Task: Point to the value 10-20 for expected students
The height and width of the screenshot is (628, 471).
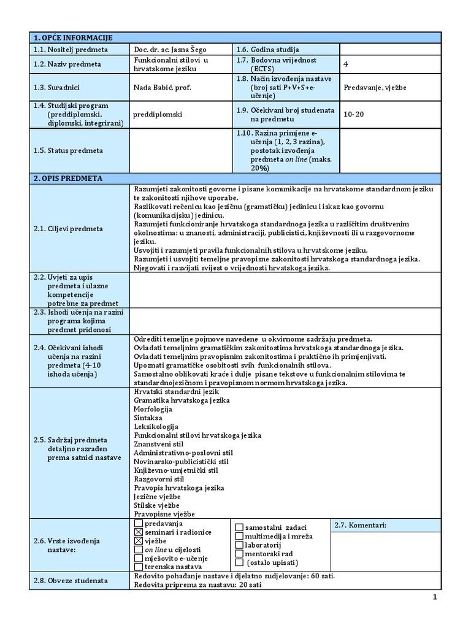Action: [354, 113]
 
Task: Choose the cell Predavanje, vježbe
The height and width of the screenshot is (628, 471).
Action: [375, 87]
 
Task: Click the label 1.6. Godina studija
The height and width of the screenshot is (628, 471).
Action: [267, 50]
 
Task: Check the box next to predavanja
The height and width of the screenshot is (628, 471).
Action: [138, 524]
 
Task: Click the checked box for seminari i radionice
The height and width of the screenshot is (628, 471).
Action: [138, 532]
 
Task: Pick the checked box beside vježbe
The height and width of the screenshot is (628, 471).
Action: [138, 542]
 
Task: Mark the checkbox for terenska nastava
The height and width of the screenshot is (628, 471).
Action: [138, 567]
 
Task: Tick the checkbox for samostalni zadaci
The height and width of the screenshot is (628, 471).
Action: [240, 527]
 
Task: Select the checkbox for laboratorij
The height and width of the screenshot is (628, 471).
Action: [240, 545]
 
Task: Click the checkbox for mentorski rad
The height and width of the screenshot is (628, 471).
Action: [240, 553]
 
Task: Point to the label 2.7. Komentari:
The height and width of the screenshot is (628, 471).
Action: [360, 526]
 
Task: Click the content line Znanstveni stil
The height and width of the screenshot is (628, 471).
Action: [159, 444]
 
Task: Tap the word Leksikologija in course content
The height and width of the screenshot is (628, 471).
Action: [156, 426]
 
